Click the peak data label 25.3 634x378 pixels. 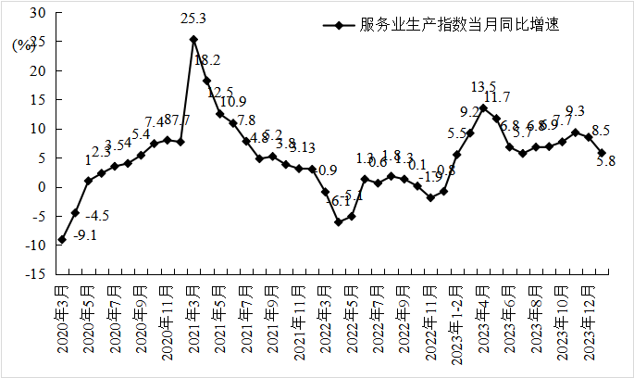tap(194, 19)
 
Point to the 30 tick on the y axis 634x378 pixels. tap(36, 12)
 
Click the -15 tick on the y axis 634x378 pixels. tap(34, 274)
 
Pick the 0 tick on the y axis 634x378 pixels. tap(41, 187)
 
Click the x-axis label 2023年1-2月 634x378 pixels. tap(456, 319)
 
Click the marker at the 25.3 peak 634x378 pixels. tap(193, 39)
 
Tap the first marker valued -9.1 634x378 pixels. tap(62, 240)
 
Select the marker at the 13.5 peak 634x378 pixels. tap(483, 107)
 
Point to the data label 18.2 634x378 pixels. tap(207, 60)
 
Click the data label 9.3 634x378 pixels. tap(574, 111)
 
